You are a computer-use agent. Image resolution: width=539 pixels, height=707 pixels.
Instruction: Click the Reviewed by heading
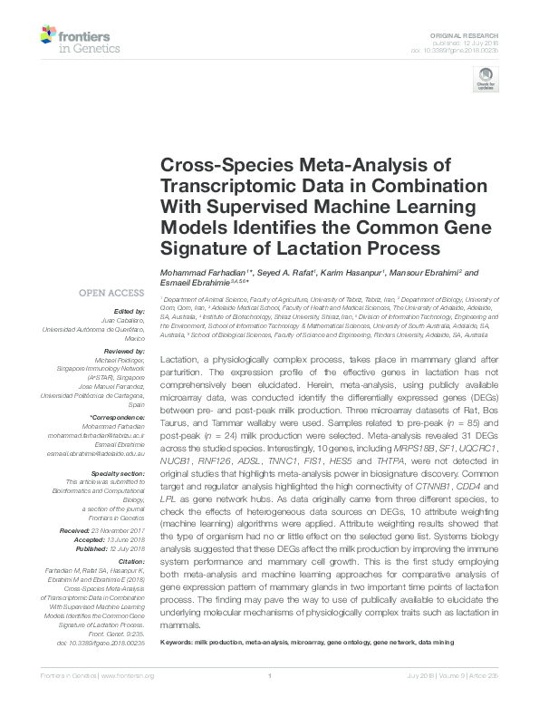(125, 349)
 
